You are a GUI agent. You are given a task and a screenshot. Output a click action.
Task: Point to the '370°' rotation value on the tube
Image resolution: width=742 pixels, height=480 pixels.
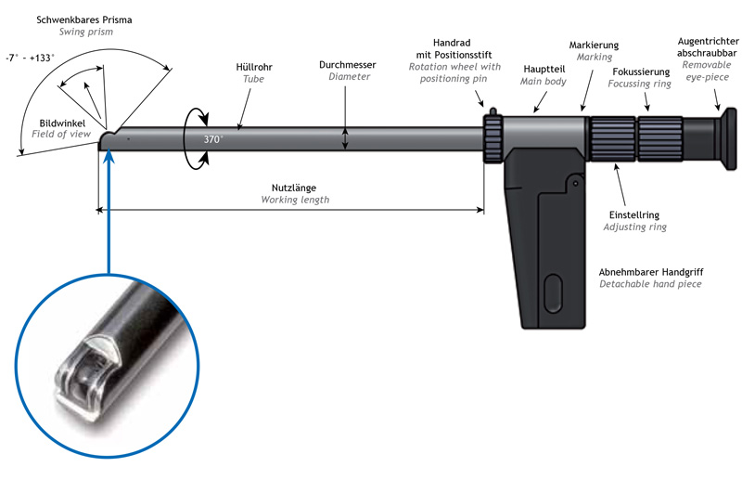[x=214, y=139]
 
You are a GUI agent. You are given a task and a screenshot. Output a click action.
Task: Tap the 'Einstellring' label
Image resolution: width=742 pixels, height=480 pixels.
[x=635, y=213]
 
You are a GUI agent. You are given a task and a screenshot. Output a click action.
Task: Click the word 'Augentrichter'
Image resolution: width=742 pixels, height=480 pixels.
[x=706, y=41]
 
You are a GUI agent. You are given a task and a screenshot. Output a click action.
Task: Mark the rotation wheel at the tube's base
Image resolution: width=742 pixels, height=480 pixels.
[x=493, y=139]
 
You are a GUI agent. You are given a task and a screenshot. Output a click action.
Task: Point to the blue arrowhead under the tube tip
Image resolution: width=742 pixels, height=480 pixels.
[x=109, y=158]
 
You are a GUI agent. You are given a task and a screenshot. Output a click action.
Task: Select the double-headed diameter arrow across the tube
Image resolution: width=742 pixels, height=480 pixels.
[x=345, y=139]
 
